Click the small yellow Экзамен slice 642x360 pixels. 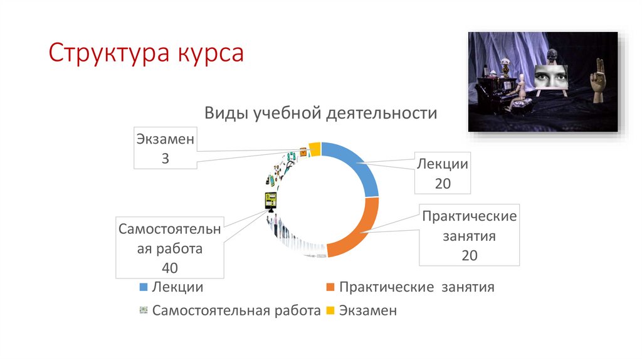(x=315, y=149)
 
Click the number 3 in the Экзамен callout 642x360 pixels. (x=165, y=159)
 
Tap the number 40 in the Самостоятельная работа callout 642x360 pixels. (x=169, y=268)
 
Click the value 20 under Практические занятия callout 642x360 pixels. (x=469, y=255)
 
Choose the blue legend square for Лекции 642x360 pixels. (x=142, y=287)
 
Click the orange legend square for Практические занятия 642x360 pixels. (x=330, y=287)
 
